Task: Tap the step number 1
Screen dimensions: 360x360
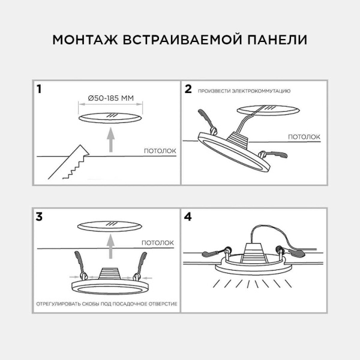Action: [39, 90]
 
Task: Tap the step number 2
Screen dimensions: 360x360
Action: [188, 89]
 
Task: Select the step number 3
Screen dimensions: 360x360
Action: [39, 217]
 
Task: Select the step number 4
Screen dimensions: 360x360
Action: [188, 217]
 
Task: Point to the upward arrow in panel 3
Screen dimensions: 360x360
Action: [109, 245]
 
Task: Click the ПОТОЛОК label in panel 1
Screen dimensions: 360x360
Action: [160, 151]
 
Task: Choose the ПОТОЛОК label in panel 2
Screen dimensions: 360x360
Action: [304, 137]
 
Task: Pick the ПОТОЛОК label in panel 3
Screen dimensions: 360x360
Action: [158, 243]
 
